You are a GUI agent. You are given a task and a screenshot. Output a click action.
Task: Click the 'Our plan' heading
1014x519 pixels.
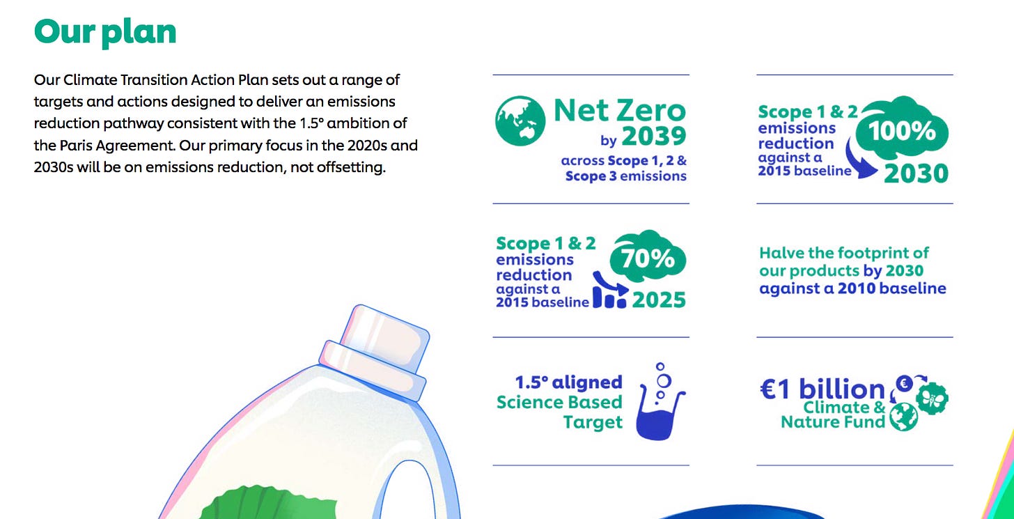coord(105,33)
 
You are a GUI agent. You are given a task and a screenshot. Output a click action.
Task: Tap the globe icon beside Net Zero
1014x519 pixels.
coord(520,121)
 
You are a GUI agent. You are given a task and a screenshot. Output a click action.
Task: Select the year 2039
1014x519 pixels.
coord(654,136)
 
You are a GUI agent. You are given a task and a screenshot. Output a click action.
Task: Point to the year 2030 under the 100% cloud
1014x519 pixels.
coord(916,173)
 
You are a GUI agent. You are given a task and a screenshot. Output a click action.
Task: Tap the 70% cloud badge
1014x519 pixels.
coord(648,258)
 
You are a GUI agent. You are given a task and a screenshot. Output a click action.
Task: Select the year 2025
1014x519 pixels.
coord(659,300)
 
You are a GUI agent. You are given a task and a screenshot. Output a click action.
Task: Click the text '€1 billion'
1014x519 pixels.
coord(822,389)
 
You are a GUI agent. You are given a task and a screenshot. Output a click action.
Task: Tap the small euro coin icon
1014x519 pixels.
coord(905,384)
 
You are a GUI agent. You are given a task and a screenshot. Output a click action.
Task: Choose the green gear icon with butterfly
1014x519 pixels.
coord(932,398)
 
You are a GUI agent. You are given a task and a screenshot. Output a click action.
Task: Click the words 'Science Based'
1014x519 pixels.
coord(559,402)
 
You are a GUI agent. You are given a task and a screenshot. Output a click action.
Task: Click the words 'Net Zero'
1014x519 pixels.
coord(620,110)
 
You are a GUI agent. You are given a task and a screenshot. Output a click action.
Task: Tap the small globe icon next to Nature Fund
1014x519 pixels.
coord(903,417)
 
